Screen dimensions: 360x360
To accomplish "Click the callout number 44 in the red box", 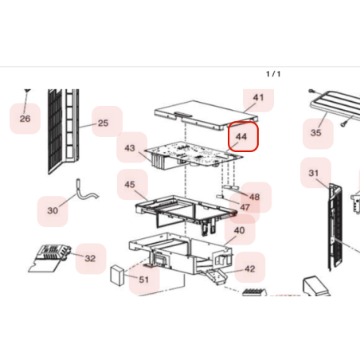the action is pos(241,137).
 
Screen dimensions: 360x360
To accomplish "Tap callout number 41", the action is pos(258,97).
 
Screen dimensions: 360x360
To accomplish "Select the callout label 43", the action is pos(130,148).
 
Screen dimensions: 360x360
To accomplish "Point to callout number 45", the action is pos(130,184).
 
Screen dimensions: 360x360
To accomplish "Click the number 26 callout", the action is pos(25,119).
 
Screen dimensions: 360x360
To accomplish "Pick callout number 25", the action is pos(103,123).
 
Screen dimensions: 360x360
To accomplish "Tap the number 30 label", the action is pos(53,210).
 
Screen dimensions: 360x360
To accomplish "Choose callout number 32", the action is pos(90,258).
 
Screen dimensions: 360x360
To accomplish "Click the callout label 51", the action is pos(143,280).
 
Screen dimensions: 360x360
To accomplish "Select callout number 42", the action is pos(249,269).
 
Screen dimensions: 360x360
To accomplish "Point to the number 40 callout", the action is pos(239,230).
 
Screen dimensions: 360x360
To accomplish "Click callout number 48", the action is pos(254,197).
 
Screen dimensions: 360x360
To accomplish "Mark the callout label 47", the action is pos(245,207).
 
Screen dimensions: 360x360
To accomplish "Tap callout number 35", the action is pos(315,132).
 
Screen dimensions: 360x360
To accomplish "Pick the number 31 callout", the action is pos(314,173).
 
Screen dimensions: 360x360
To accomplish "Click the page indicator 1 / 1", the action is pos(273,74).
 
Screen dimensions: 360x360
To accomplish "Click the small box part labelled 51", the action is pos(117,276).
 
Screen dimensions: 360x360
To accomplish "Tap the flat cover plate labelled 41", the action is pos(206,115).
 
